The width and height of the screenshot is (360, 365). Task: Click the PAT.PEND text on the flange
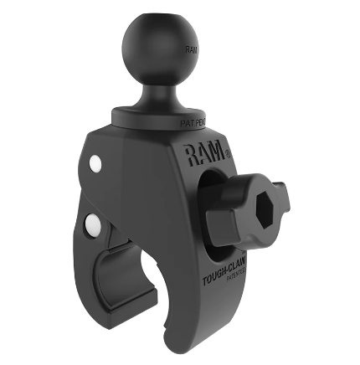click(x=193, y=122)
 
